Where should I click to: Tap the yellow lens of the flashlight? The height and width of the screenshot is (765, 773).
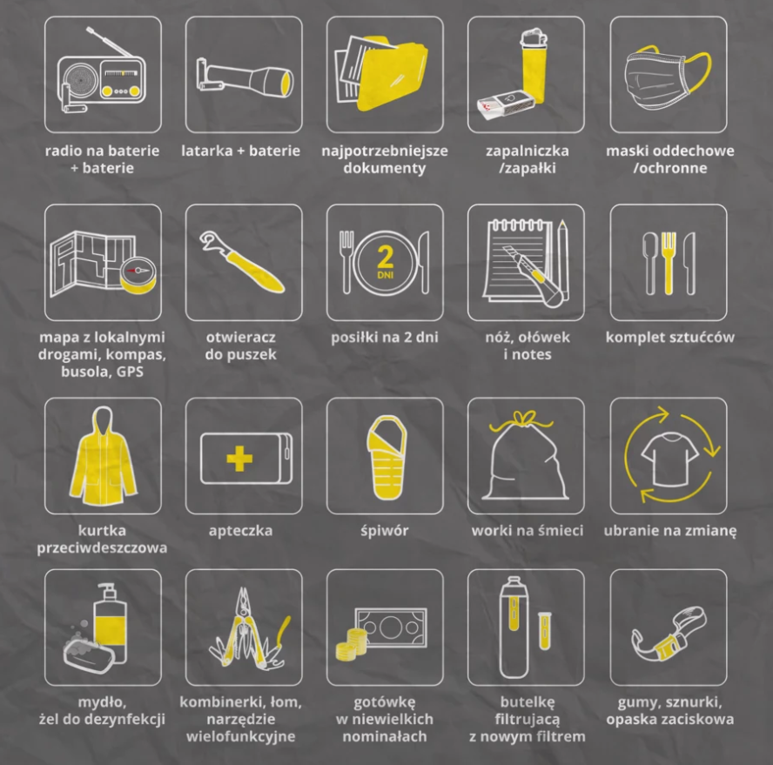(286, 83)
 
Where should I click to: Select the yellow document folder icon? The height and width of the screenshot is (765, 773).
(392, 74)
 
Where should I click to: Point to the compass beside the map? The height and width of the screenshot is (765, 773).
(138, 274)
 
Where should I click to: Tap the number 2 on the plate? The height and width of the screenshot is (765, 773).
(385, 257)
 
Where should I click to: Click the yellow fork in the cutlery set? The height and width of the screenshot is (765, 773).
(669, 263)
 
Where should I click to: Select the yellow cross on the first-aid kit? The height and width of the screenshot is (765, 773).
(239, 459)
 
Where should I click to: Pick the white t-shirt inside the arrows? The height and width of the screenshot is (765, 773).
(669, 459)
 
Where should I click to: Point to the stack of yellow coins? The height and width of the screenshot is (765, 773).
(352, 644)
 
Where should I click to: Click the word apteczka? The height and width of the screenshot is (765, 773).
(240, 531)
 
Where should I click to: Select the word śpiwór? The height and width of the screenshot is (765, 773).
(385, 531)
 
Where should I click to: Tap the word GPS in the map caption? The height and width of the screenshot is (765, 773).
(130, 372)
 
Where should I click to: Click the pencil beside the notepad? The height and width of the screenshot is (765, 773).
(564, 260)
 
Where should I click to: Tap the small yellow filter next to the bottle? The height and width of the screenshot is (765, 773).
(544, 630)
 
